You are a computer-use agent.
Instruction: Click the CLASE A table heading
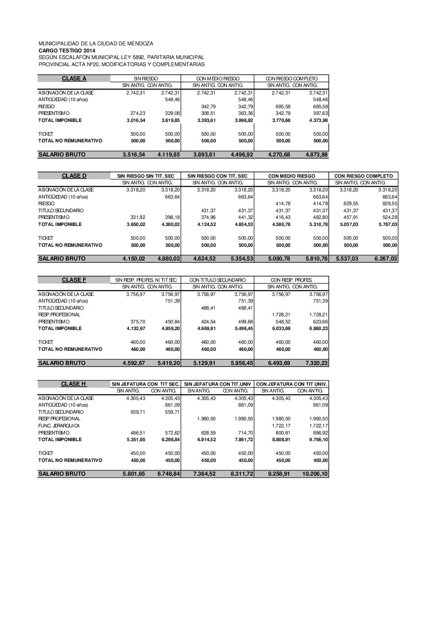coord(74,78)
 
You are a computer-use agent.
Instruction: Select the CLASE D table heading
coord(74,176)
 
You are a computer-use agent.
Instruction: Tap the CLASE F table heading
coord(74,280)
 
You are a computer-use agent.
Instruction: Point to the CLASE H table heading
coord(74,384)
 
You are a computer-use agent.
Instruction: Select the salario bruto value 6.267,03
coord(386,258)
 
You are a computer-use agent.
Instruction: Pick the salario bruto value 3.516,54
coord(134,154)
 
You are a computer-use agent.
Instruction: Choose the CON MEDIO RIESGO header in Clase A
coord(218,79)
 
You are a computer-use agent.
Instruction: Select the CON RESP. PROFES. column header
coord(292,280)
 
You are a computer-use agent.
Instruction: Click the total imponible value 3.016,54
coord(135,120)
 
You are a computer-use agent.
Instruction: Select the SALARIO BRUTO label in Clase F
coord(62,363)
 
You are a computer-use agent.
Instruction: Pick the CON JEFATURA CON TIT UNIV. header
coord(292,384)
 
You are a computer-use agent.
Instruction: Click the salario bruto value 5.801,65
coord(134,474)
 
